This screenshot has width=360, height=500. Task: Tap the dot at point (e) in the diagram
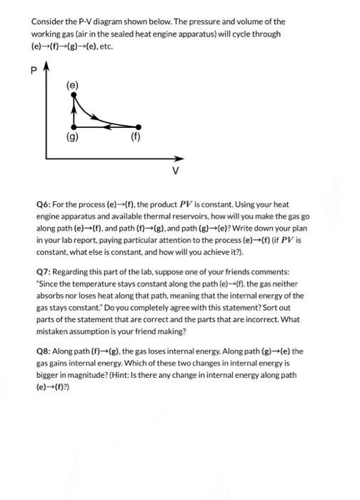[x=74, y=97]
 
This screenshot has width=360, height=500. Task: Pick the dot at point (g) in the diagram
[x=74, y=126]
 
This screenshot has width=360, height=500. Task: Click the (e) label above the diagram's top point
[x=73, y=85]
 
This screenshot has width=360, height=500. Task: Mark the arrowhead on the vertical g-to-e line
[x=74, y=111]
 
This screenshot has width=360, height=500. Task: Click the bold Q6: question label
[x=44, y=204]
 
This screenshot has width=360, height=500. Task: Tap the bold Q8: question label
[x=44, y=351]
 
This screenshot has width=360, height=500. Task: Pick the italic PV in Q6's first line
[x=175, y=204]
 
